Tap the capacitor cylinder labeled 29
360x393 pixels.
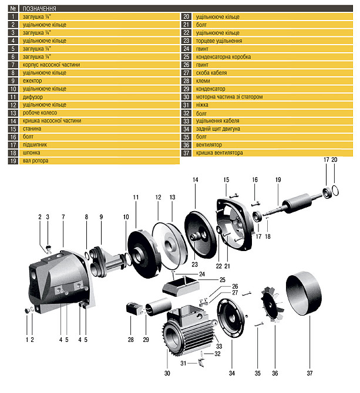[159, 307]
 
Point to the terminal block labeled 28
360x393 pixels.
[134, 309]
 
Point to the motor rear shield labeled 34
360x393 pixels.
[231, 318]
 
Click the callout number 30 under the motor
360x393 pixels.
[167, 373]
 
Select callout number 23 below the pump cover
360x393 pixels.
[194, 265]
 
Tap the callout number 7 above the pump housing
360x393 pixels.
[63, 217]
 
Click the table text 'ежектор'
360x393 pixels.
[32, 81]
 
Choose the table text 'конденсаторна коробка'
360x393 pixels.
[223, 57]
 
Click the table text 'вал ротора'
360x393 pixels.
[35, 161]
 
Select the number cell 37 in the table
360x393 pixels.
[186, 153]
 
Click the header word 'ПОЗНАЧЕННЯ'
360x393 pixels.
[39, 9]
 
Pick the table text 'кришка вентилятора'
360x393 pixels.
[219, 153]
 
